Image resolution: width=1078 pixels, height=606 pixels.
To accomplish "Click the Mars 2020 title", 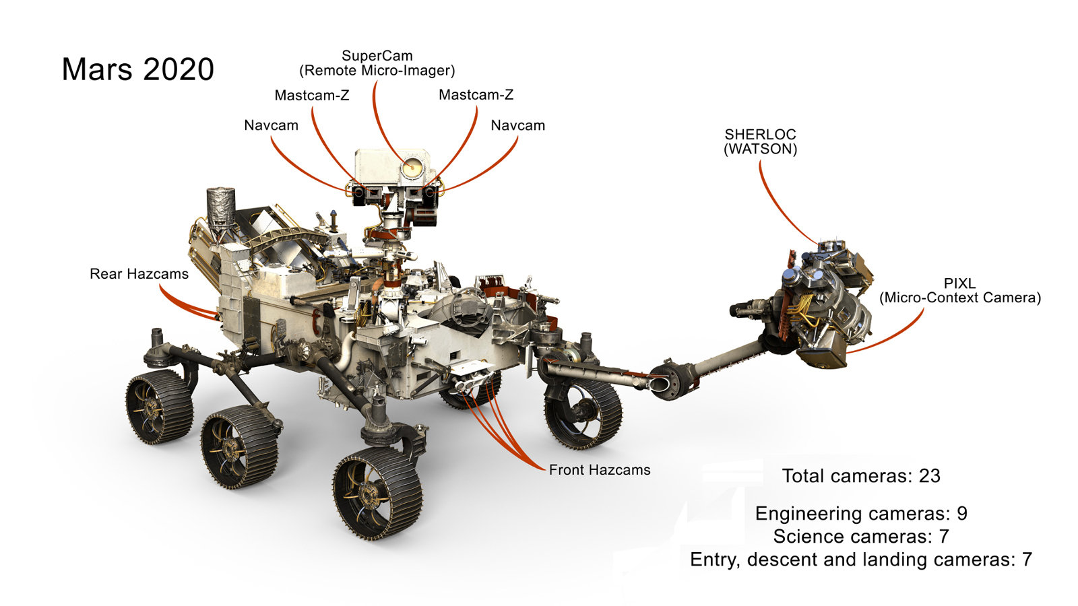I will (137, 69).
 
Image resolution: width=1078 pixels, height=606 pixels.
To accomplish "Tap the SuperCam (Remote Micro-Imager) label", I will (377, 63).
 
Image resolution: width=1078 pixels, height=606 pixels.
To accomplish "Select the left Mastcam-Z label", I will (311, 96).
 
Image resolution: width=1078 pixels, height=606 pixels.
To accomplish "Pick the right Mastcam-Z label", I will (476, 95).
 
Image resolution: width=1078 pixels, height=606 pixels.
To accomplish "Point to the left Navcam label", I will (271, 125).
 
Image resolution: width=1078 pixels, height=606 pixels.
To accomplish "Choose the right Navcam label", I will (517, 125).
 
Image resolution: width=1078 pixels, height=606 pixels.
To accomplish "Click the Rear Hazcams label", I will (139, 274).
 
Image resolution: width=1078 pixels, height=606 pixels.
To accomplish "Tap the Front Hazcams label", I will (599, 470).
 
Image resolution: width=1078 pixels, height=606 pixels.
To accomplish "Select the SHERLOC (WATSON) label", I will (760, 141).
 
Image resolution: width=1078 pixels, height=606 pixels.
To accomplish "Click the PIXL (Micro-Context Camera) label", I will (959, 291).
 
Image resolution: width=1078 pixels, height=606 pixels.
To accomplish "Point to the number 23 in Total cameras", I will (929, 476).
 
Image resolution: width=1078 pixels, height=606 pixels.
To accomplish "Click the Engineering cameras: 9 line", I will (860, 514).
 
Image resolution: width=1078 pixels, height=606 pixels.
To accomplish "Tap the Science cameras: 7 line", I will (860, 537).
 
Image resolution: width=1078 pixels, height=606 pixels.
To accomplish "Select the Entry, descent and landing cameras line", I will (860, 560).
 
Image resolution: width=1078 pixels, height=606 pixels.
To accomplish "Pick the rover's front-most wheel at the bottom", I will (377, 494).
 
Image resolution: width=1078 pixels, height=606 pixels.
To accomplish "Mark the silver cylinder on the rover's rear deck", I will (220, 206).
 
